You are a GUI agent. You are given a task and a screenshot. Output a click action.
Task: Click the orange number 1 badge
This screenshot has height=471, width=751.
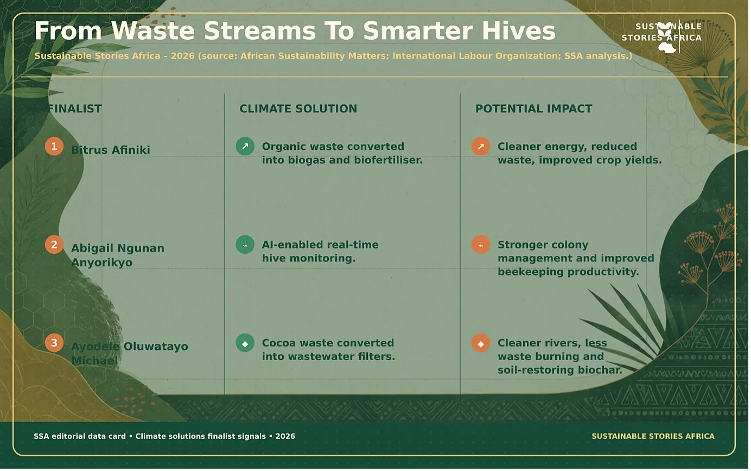54,146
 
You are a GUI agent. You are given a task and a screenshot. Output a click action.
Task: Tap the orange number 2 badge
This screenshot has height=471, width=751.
54,244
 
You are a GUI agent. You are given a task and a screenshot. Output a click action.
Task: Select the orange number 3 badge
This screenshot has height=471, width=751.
54,343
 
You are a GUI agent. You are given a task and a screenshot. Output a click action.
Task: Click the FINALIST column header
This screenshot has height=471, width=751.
74,109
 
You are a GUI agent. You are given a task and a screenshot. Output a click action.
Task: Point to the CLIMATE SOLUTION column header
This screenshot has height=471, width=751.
298,109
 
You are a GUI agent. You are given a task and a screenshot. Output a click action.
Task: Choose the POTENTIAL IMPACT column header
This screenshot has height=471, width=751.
534,109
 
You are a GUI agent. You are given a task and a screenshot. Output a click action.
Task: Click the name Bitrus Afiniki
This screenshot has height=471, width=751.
111,150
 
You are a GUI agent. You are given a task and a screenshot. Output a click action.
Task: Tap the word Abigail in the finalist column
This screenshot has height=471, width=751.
92,248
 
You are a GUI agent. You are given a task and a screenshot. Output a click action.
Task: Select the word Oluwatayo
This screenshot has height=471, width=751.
156,347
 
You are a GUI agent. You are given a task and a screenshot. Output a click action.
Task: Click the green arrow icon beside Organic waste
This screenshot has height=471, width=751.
245,146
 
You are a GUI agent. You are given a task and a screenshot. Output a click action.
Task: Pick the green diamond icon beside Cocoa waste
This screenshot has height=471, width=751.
245,343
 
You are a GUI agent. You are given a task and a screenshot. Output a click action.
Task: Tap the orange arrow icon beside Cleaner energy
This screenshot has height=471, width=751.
481,146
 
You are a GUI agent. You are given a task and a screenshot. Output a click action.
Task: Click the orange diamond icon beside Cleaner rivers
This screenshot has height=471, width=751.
481,343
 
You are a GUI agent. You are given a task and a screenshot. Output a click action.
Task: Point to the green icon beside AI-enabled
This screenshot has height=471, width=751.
245,244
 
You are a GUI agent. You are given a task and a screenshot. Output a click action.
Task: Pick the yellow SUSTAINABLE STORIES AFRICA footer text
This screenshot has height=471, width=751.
653,436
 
